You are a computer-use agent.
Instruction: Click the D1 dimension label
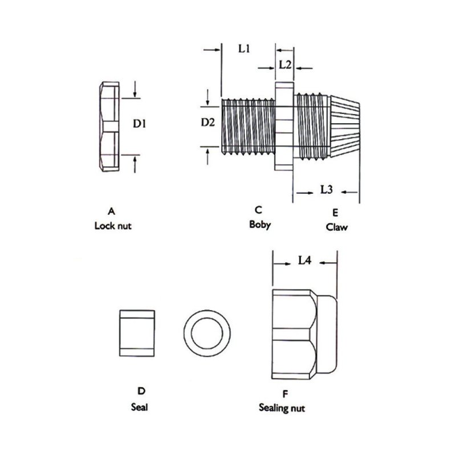139,124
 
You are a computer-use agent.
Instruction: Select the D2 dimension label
207,123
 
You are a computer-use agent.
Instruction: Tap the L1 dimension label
244,48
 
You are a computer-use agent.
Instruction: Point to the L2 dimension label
285,64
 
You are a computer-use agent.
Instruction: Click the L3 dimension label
326,190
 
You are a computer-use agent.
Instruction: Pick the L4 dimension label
304,260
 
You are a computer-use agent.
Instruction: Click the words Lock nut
113,226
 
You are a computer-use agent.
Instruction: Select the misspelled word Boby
260,225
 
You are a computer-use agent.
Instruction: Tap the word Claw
336,227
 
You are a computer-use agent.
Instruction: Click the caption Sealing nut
282,408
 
